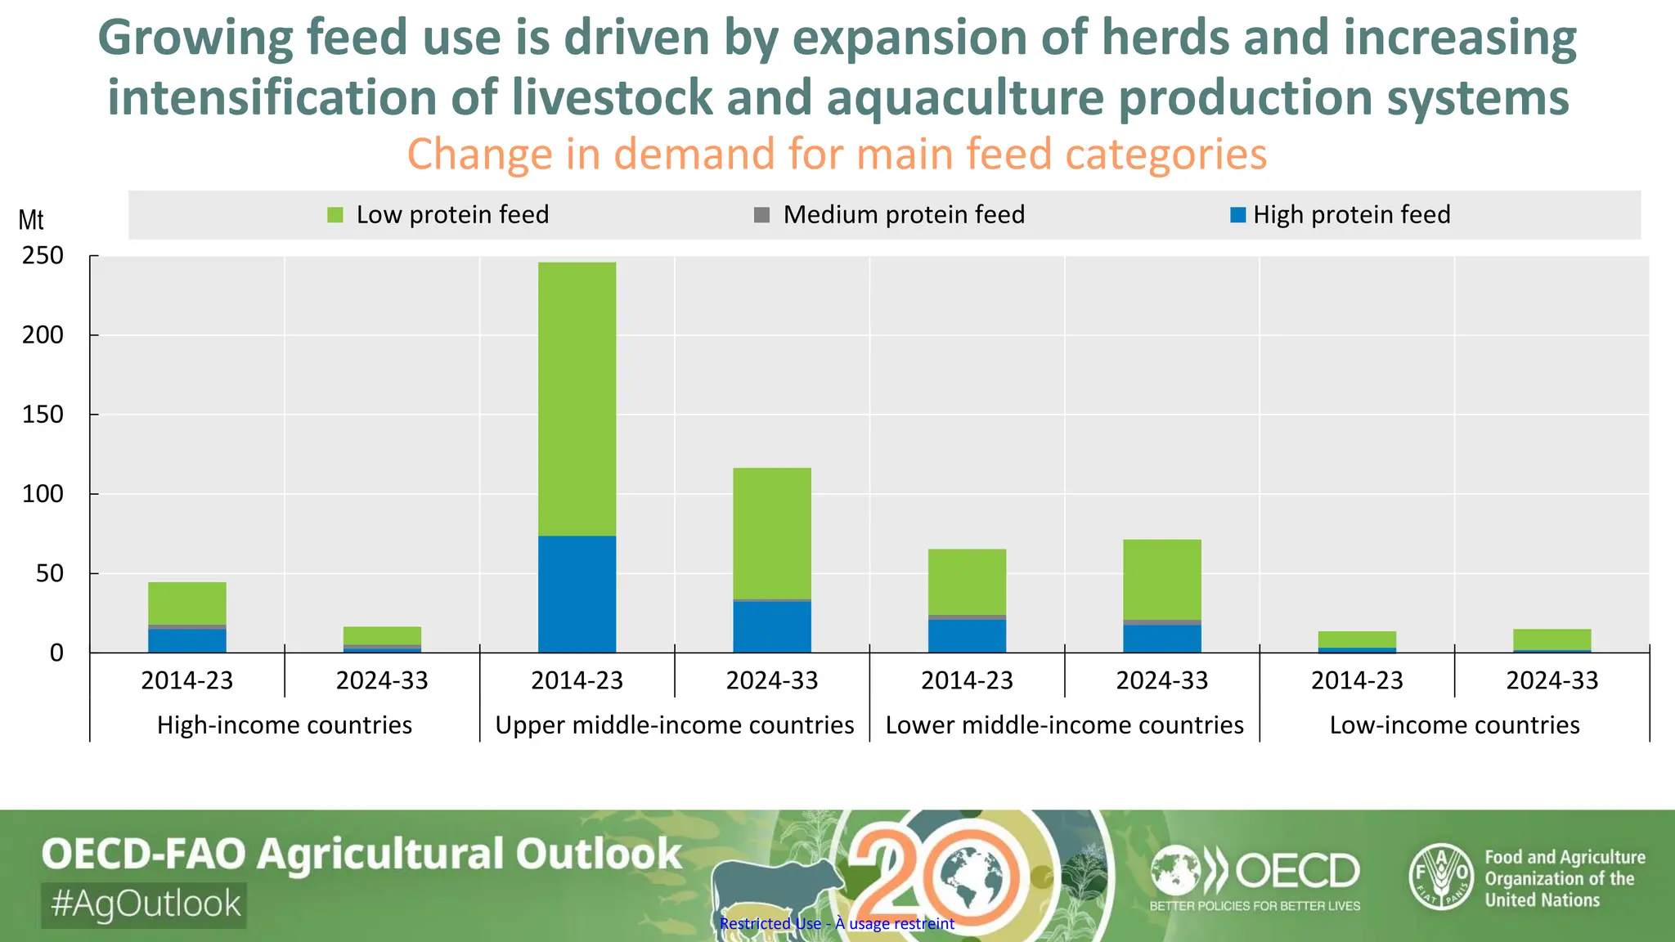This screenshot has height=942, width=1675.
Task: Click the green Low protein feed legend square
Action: point(335,215)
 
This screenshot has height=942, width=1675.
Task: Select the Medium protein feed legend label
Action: point(903,215)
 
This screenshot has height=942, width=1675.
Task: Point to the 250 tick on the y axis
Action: point(43,256)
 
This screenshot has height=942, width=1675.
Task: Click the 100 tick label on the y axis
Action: point(43,494)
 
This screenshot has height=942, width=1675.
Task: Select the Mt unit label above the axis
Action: point(31,220)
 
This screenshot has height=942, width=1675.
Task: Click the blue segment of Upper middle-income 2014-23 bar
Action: point(577,594)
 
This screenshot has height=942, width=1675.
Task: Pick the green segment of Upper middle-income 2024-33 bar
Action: point(771,532)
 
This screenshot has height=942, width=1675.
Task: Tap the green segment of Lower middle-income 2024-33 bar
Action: point(1161,579)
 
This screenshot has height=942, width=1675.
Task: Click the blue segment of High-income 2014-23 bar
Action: point(186,640)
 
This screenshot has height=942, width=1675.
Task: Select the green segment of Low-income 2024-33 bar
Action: point(1552,639)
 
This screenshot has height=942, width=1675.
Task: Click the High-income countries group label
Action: point(284,725)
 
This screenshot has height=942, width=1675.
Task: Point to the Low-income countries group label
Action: point(1454,725)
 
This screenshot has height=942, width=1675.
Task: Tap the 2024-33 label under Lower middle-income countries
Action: point(1161,680)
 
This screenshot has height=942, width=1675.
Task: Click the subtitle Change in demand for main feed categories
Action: point(837,154)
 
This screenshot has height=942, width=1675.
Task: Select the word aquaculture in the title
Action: point(964,97)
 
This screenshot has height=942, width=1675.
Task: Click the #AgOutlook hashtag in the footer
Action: point(145,904)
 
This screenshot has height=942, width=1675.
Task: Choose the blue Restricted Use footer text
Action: point(837,924)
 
